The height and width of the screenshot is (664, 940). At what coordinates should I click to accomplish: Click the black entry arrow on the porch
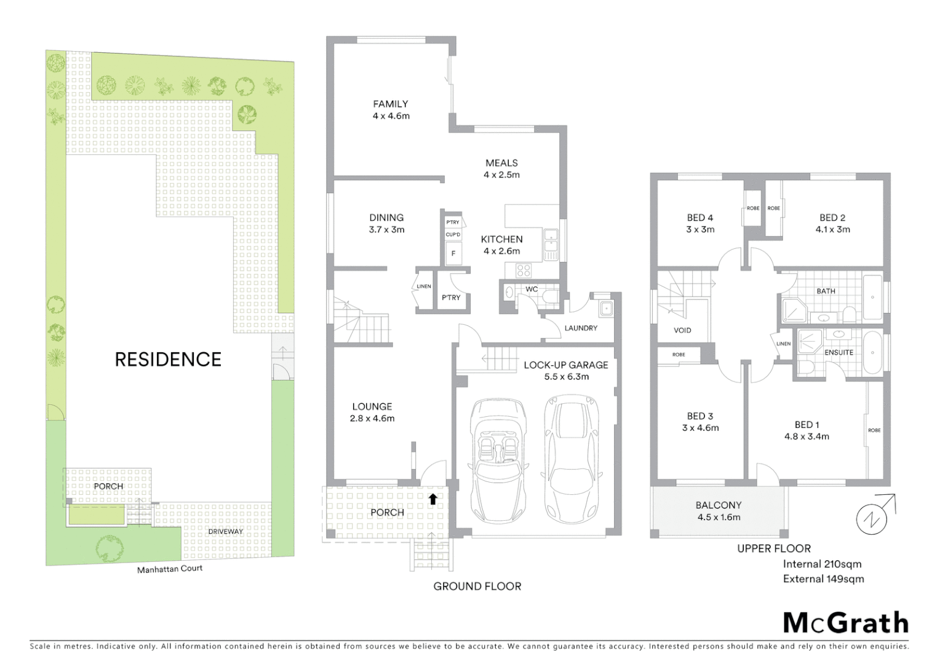tap(433, 499)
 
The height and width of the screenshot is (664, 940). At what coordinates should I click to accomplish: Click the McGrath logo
tap(845, 623)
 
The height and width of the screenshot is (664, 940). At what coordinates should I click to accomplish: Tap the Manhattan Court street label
tap(169, 569)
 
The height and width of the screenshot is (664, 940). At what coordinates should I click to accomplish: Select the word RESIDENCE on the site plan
tap(168, 360)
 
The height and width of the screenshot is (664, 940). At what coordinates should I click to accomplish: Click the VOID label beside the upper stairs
tap(682, 330)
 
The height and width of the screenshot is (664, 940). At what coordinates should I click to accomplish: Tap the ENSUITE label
tap(838, 352)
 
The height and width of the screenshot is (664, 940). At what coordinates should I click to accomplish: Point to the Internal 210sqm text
tap(822, 564)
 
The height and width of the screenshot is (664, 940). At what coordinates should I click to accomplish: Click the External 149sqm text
tap(823, 579)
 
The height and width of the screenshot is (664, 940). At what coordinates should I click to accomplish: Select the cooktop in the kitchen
tap(524, 270)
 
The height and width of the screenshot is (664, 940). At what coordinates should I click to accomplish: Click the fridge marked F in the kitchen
tap(454, 253)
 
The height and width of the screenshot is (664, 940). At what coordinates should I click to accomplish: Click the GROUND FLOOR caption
tap(477, 587)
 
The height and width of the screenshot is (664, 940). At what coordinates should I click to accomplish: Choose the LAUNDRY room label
tap(581, 328)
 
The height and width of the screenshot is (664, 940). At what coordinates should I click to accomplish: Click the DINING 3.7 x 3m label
tap(386, 224)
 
